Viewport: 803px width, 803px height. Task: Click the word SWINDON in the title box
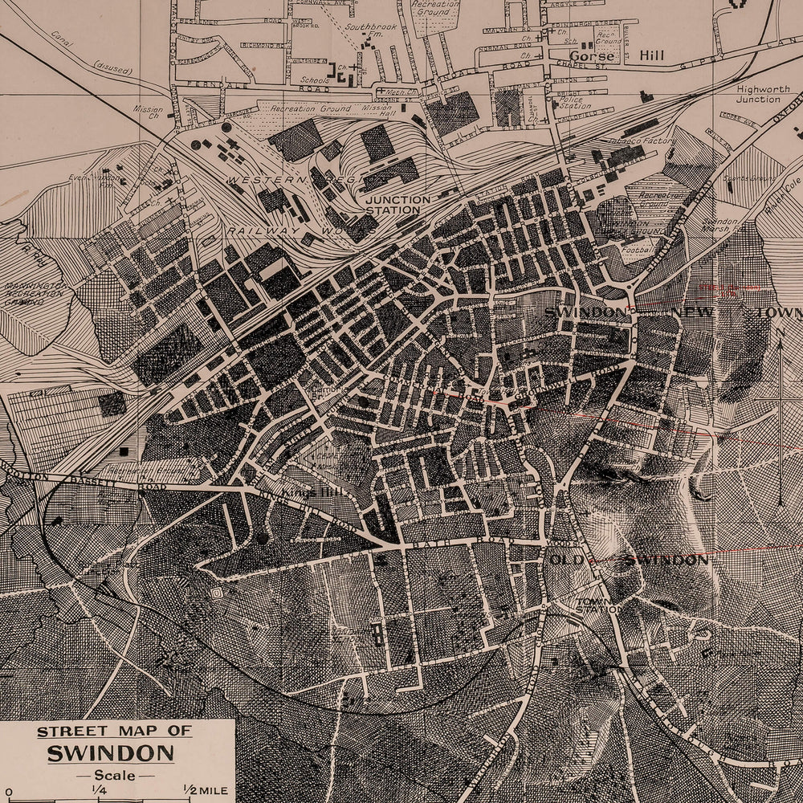110,753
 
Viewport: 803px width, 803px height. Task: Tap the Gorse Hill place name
593,57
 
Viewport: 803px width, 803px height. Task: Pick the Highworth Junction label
758,94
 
